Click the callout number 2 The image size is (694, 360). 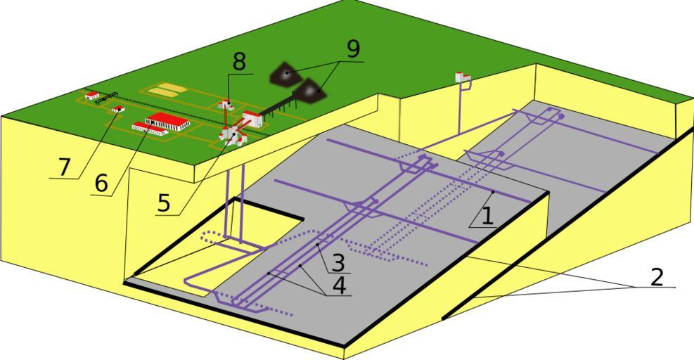click(656, 276)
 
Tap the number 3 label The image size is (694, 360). click(338, 263)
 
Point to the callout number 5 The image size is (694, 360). click(164, 203)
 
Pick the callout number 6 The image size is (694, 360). click(101, 184)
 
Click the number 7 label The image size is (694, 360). click(65, 167)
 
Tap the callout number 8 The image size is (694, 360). click(240, 62)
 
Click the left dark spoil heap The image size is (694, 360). click(285, 72)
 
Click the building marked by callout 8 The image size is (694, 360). click(226, 105)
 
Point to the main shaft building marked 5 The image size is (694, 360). click(231, 134)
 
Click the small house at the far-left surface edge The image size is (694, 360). click(91, 95)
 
